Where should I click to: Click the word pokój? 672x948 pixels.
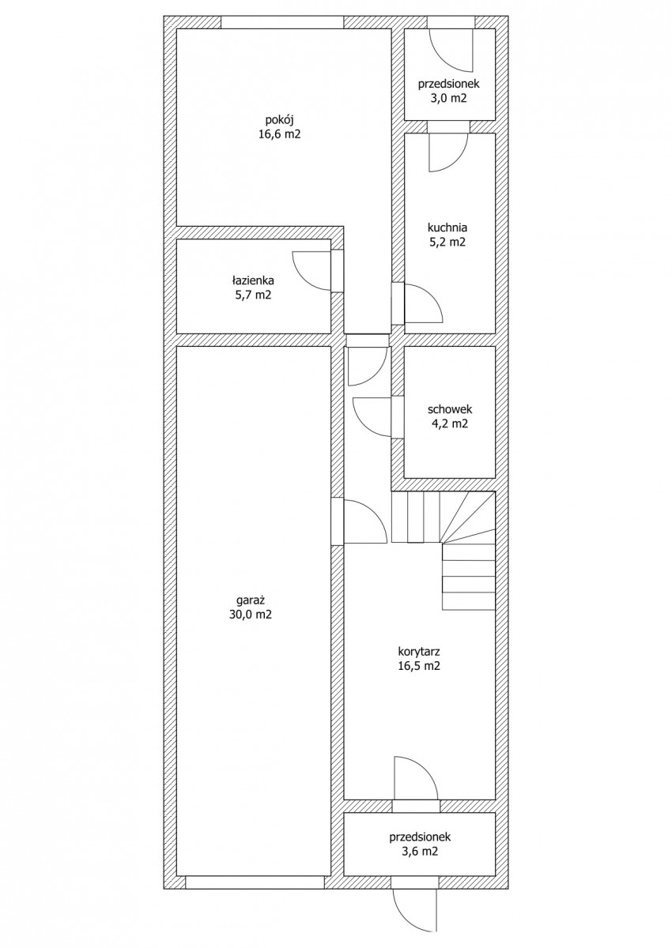(279, 121)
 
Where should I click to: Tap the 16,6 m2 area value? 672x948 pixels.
(279, 135)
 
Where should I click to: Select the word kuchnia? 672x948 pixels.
(447, 228)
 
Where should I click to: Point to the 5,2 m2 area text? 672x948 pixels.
(447, 242)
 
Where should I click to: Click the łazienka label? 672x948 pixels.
(253, 280)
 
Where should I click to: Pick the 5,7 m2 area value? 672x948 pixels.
(253, 295)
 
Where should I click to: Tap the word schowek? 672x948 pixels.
(450, 409)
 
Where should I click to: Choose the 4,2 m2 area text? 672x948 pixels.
(450, 423)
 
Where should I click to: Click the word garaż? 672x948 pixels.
(251, 600)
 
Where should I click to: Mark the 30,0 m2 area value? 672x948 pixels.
(251, 615)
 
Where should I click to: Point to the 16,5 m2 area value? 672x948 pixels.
(420, 665)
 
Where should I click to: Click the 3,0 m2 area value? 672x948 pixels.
(449, 98)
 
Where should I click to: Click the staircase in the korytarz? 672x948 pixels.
(444, 550)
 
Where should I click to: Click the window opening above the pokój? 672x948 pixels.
(282, 22)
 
